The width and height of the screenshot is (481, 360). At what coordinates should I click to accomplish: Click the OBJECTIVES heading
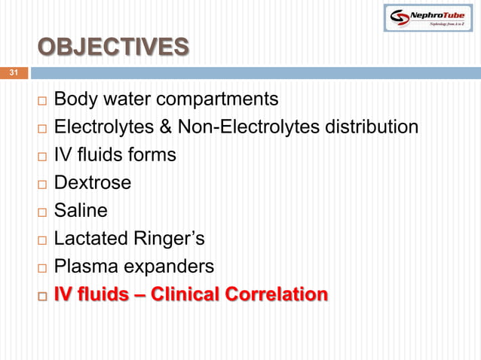pos(113,47)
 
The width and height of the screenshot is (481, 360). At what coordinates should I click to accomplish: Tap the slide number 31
pos(13,73)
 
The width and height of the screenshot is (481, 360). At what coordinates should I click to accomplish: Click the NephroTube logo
pos(427,17)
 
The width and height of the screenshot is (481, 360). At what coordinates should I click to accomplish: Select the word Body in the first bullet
pos(74,99)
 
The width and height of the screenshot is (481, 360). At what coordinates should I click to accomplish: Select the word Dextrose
pos(92,182)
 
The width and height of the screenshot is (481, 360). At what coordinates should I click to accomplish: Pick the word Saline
pos(80,210)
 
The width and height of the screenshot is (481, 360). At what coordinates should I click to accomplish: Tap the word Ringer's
pos(170,239)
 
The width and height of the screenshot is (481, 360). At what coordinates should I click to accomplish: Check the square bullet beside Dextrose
pos(42,183)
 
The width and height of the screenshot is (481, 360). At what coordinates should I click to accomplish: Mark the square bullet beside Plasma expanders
pos(42,267)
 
